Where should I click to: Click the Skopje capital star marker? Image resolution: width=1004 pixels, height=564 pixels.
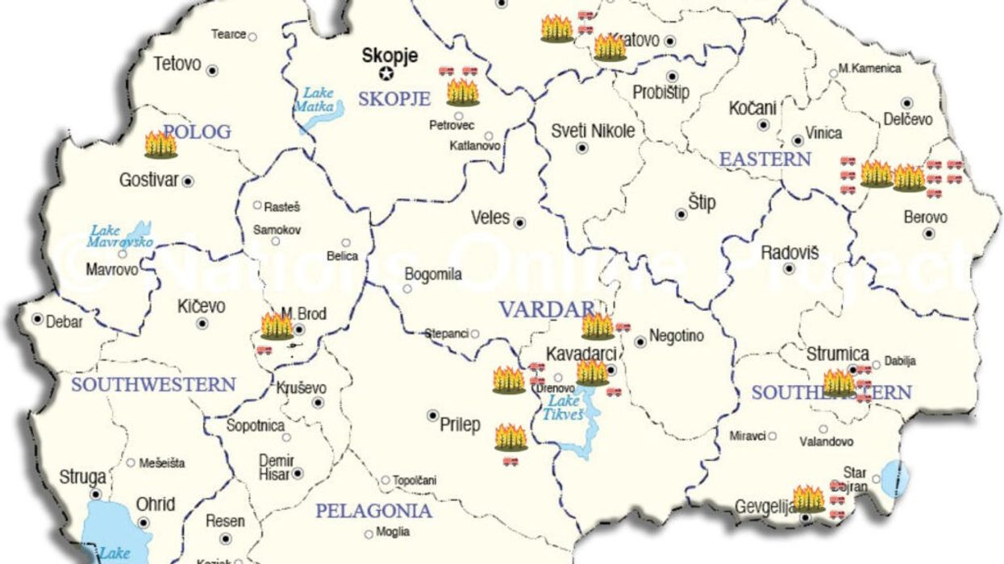coord(387,73)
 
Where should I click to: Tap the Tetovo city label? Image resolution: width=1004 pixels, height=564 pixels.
coord(177,64)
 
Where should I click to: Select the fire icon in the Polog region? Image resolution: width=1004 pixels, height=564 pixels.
coord(160,144)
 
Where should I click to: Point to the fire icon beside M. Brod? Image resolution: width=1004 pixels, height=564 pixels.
coord(277,326)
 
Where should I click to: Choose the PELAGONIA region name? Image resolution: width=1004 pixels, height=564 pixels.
coord(373,511)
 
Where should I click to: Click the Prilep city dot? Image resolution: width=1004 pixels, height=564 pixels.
coord(432,415)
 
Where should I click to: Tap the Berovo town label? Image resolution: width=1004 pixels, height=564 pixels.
coord(925,218)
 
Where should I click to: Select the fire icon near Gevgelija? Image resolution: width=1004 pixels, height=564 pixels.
coord(808,499)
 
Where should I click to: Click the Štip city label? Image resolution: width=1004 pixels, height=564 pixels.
coord(702,203)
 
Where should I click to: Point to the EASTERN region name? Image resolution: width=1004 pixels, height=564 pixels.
coord(764,160)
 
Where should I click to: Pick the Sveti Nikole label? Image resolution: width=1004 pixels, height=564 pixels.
coord(593,131)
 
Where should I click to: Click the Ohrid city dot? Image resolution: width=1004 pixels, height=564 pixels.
coord(144,522)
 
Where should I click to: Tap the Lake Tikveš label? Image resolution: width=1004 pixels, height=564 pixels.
coord(567,408)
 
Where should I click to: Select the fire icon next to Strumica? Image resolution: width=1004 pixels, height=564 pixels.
coord(839,383)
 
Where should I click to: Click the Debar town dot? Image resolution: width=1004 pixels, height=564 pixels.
coord(37,319)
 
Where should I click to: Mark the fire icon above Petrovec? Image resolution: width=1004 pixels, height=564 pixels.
coord(462,92)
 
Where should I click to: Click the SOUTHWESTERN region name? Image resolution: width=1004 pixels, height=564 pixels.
coord(153,385)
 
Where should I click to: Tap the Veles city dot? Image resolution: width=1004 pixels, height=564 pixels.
coord(520,222)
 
